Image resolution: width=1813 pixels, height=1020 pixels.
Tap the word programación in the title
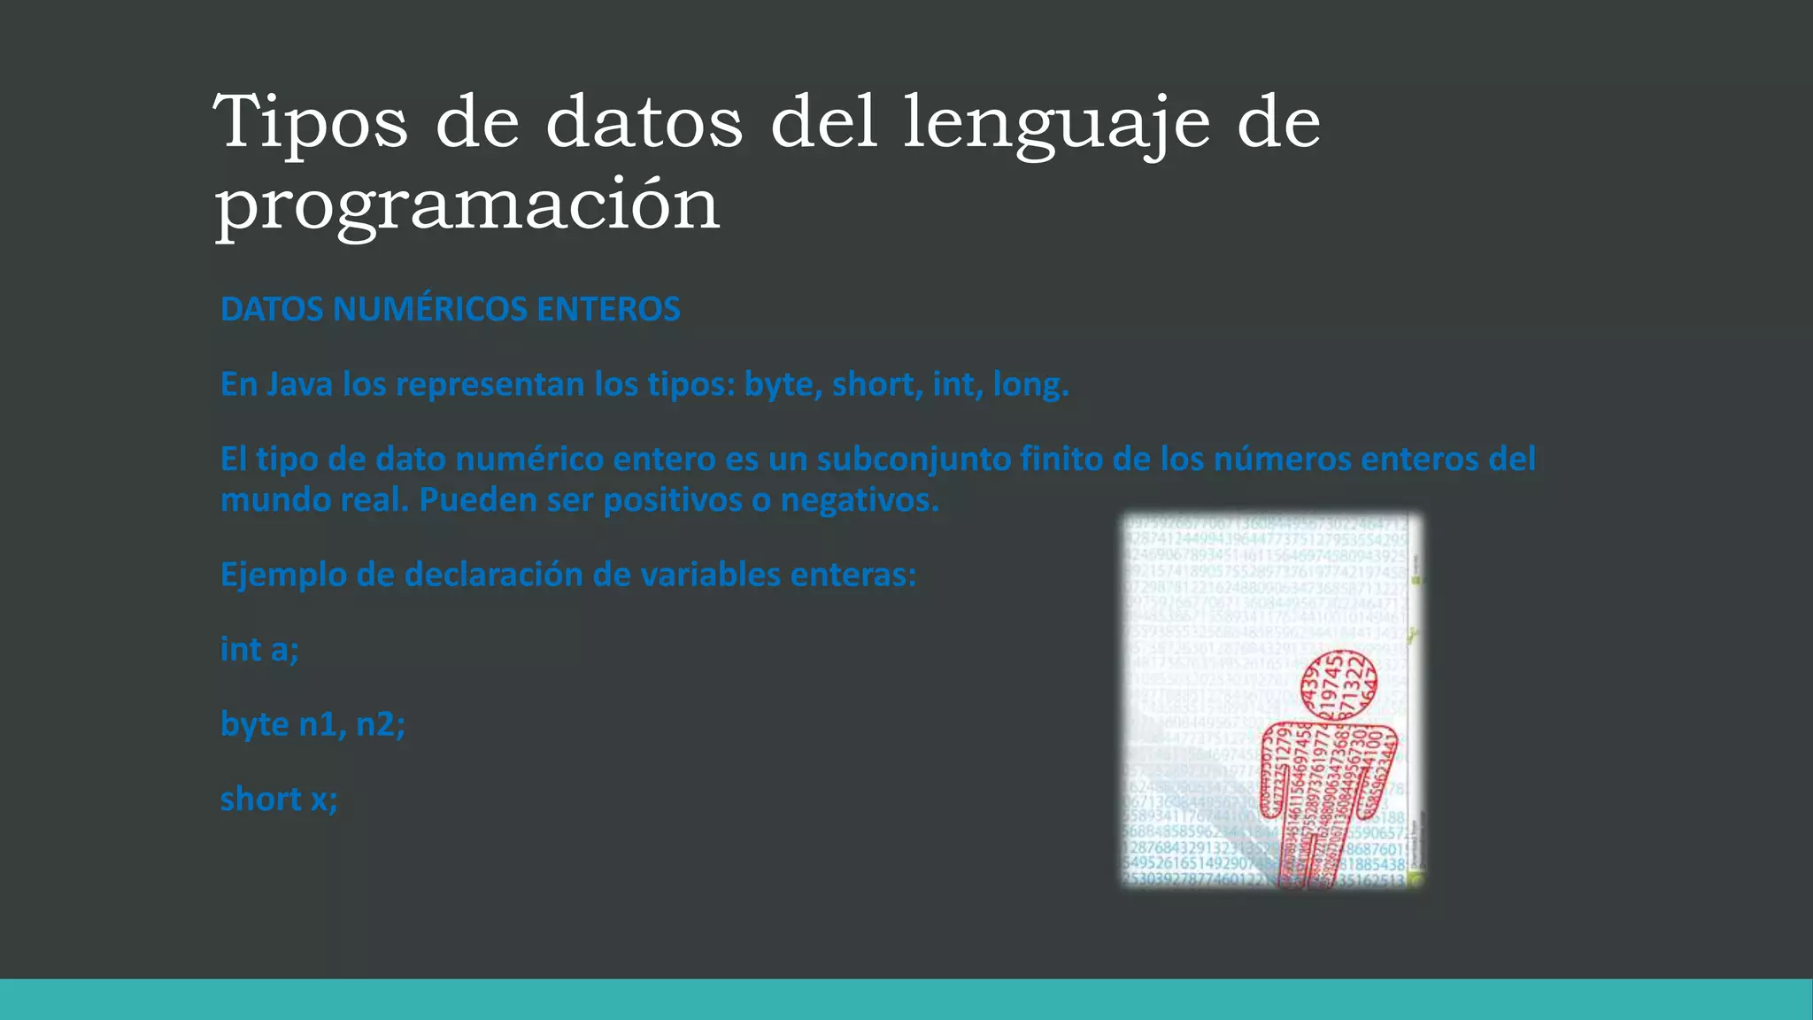tap(467, 205)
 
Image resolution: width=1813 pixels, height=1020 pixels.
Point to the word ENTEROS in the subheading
tap(608, 309)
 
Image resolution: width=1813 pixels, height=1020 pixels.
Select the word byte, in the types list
tap(783, 384)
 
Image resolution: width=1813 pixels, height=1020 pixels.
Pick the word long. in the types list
tap(1030, 384)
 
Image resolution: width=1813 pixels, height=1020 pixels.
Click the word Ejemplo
tap(283, 575)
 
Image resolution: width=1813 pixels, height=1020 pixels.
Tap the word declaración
tap(493, 575)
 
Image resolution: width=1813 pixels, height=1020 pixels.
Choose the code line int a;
tap(259, 649)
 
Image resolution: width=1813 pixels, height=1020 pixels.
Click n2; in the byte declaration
tap(380, 724)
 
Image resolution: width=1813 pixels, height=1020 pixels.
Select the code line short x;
tap(278, 799)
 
